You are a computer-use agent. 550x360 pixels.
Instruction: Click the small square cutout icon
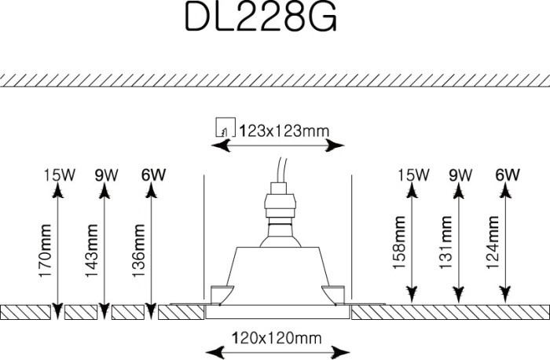pyautogui.click(x=225, y=128)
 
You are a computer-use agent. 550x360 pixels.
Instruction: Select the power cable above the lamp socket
pyautogui.click(x=280, y=169)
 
